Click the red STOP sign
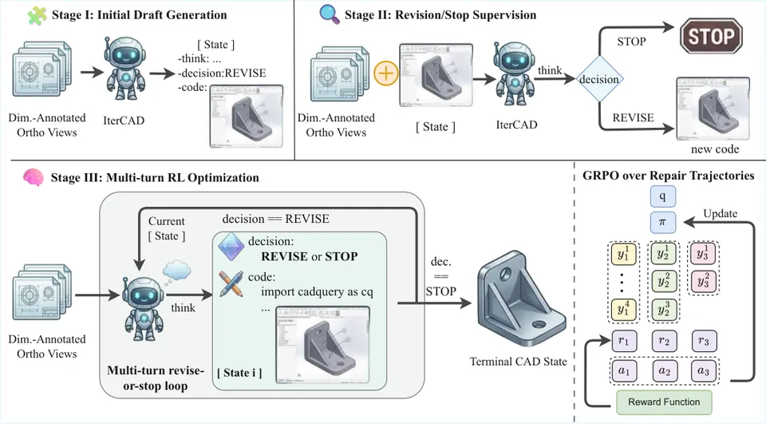point(711,36)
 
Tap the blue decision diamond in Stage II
point(599,79)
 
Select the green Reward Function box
point(664,402)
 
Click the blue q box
point(662,196)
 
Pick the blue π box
point(662,222)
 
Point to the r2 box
point(664,341)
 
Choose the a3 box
point(704,371)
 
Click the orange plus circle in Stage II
point(386,73)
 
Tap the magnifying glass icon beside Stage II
point(330,14)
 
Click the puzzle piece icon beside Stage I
point(37,14)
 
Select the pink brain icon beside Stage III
point(34,177)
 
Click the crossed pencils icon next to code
point(231,284)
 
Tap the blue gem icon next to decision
point(231,246)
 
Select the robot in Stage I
point(125,69)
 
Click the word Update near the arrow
point(720,214)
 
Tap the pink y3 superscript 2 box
point(703,281)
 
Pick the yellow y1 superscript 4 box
point(623,310)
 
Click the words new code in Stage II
point(715,149)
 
